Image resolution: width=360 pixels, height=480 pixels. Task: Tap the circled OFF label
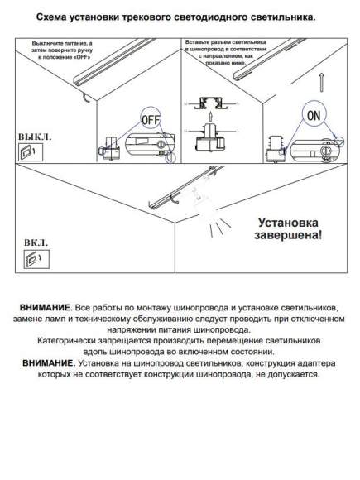click(150, 119)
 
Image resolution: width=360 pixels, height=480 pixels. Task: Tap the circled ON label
click(313, 116)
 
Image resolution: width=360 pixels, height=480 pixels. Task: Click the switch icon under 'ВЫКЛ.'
click(27, 151)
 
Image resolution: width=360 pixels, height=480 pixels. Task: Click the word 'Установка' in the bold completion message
click(286, 223)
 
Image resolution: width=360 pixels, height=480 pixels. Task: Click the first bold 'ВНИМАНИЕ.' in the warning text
click(46, 307)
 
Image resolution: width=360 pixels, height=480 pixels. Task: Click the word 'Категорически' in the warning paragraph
click(74, 340)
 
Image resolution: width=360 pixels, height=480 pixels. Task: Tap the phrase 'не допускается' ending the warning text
click(286, 374)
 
